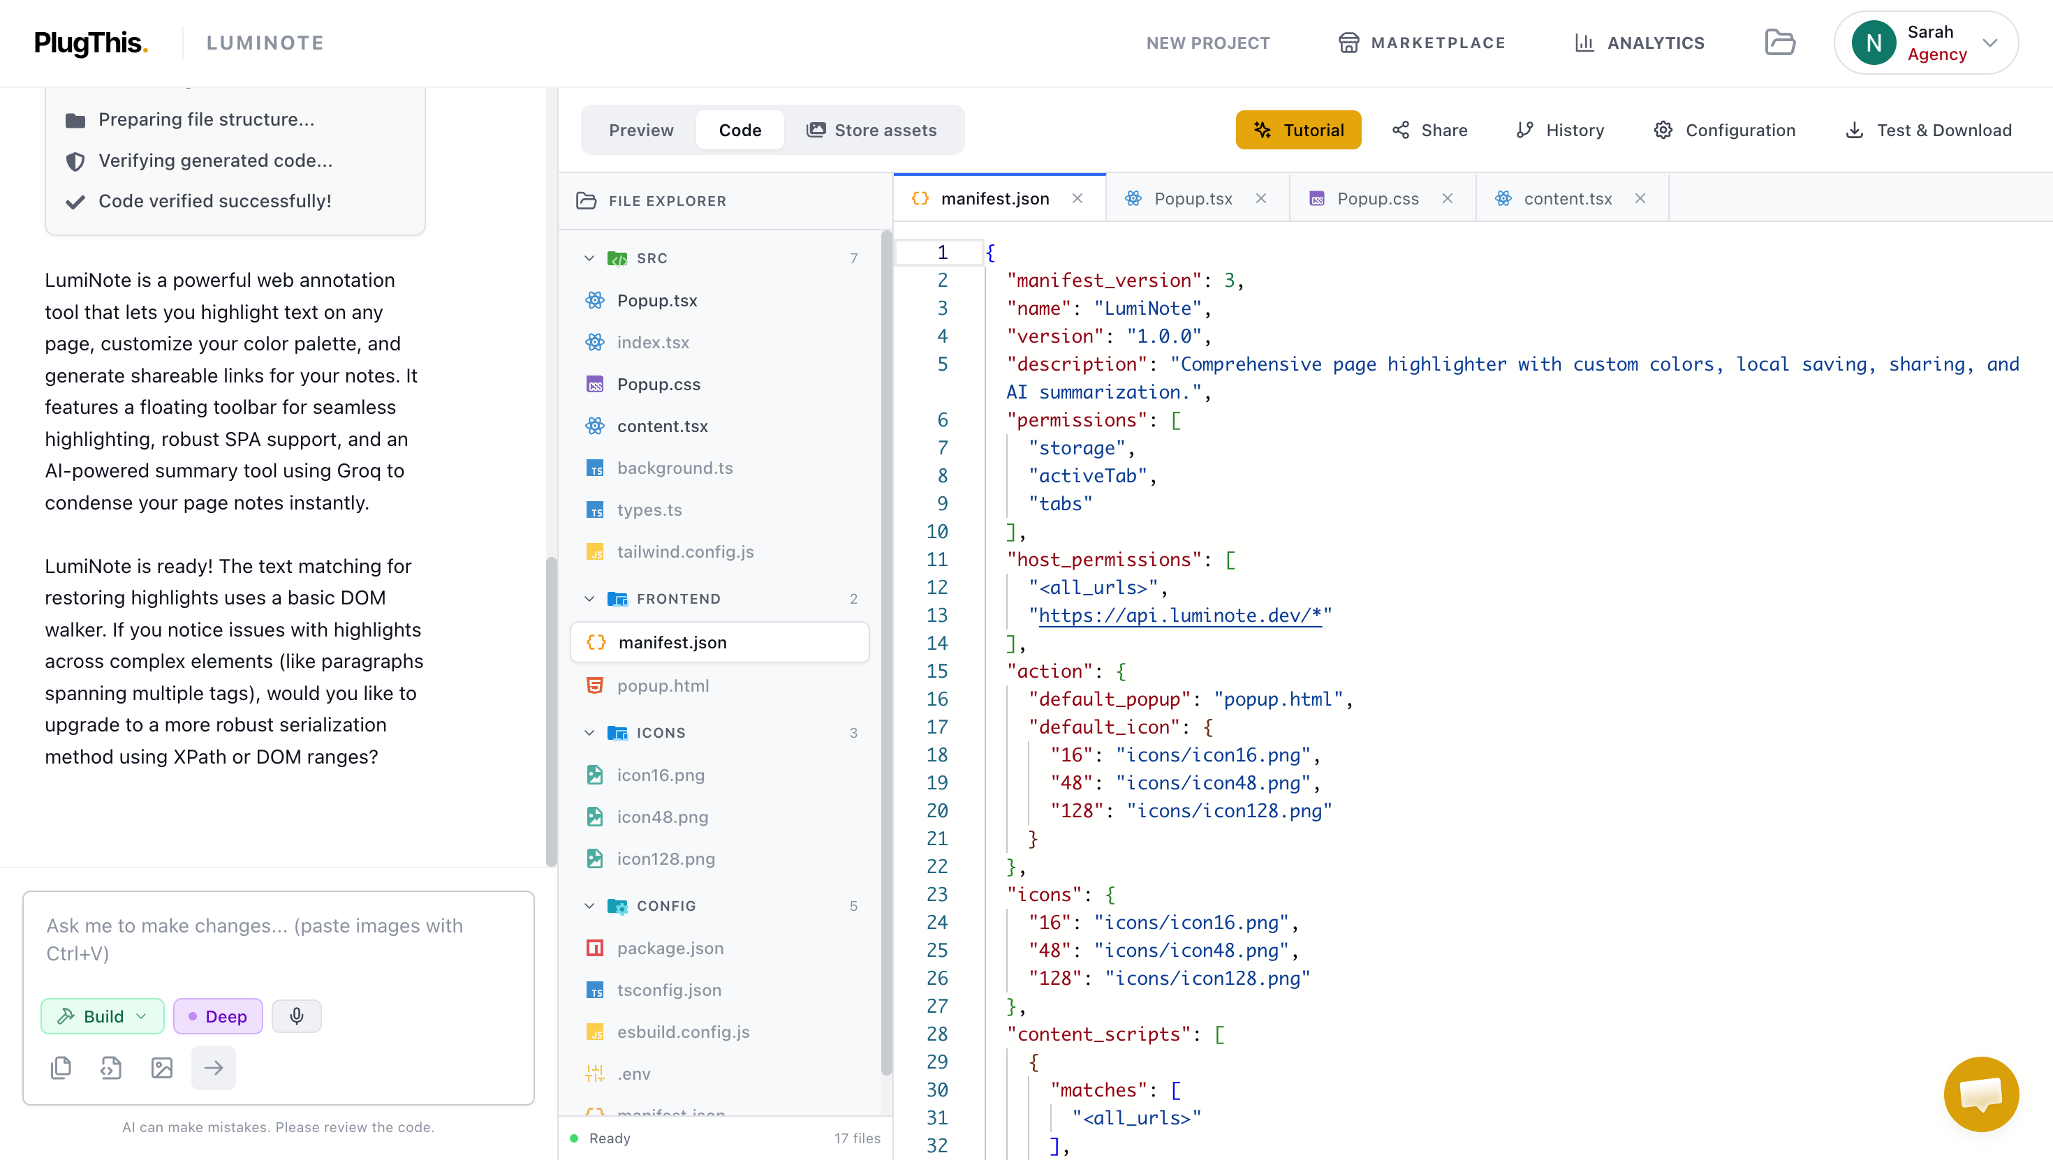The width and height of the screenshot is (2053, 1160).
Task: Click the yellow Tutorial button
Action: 1298,130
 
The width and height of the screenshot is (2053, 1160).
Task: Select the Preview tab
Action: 641,130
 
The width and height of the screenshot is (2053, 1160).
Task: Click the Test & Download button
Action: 1929,130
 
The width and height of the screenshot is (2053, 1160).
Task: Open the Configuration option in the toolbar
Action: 1725,130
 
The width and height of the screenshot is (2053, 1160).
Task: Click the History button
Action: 1560,130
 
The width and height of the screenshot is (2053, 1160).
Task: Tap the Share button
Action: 1430,130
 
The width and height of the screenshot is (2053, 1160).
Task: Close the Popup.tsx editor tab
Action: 1261,198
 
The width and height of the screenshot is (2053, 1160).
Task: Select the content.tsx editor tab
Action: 1568,198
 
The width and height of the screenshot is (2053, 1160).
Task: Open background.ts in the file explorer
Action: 675,468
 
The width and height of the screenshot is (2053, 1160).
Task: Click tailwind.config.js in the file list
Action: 684,551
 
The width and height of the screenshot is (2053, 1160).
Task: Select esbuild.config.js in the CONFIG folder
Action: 683,1032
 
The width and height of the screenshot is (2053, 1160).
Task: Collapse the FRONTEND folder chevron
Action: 589,598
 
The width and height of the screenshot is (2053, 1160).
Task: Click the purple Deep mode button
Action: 218,1016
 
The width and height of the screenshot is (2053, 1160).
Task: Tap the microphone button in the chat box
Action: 297,1016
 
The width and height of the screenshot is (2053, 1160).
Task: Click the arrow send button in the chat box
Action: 214,1068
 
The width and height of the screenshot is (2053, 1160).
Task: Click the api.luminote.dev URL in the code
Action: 1179,615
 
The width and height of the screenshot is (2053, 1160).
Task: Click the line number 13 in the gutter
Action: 936,615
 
